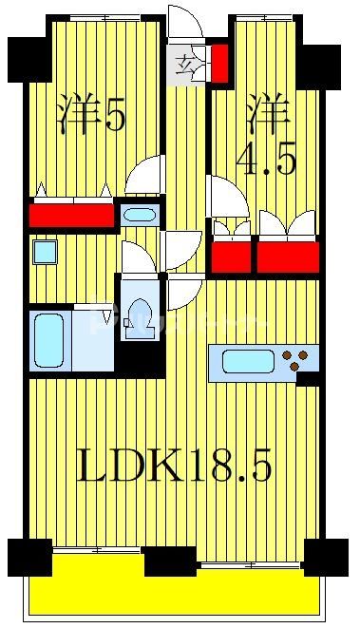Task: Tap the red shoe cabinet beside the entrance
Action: [219, 63]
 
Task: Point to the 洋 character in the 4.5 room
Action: [267, 115]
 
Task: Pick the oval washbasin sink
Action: [139, 214]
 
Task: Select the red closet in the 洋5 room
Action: [70, 215]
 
